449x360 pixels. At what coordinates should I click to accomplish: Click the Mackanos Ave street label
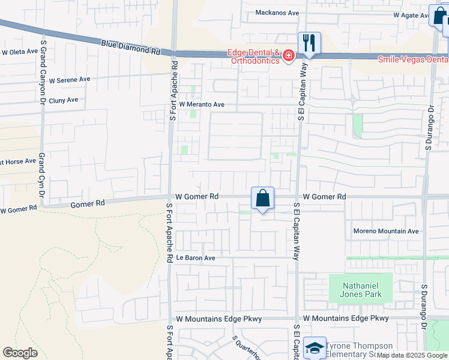click(x=277, y=12)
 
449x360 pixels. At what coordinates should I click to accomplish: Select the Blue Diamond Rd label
click(x=131, y=47)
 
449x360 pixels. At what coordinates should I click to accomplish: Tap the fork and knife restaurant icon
click(x=309, y=43)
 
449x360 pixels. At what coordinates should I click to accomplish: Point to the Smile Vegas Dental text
click(x=413, y=59)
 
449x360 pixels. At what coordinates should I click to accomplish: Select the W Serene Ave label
click(x=70, y=79)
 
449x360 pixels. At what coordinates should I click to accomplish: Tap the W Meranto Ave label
click(x=201, y=104)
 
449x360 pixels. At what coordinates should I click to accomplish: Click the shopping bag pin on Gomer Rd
click(x=262, y=198)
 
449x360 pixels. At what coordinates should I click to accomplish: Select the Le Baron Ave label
click(x=195, y=257)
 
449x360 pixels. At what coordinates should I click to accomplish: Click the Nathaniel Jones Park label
click(x=361, y=291)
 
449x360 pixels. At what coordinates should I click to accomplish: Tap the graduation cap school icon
click(x=315, y=348)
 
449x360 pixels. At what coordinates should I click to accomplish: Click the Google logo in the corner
click(x=20, y=353)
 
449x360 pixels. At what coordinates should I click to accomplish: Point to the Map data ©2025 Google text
click(x=412, y=355)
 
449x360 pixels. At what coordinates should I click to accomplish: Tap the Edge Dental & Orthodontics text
click(x=253, y=56)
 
